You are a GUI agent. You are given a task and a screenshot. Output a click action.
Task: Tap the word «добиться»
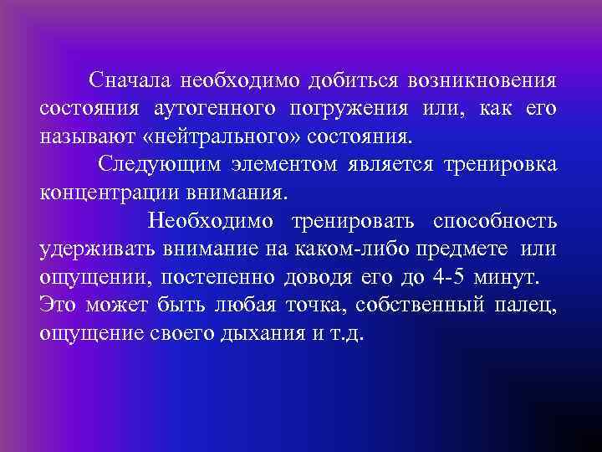(x=352, y=81)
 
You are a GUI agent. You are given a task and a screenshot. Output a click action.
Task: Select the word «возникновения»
(x=482, y=81)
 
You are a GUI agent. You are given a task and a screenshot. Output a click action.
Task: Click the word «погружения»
(x=349, y=109)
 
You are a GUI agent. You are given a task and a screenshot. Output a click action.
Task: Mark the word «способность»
(x=495, y=220)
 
